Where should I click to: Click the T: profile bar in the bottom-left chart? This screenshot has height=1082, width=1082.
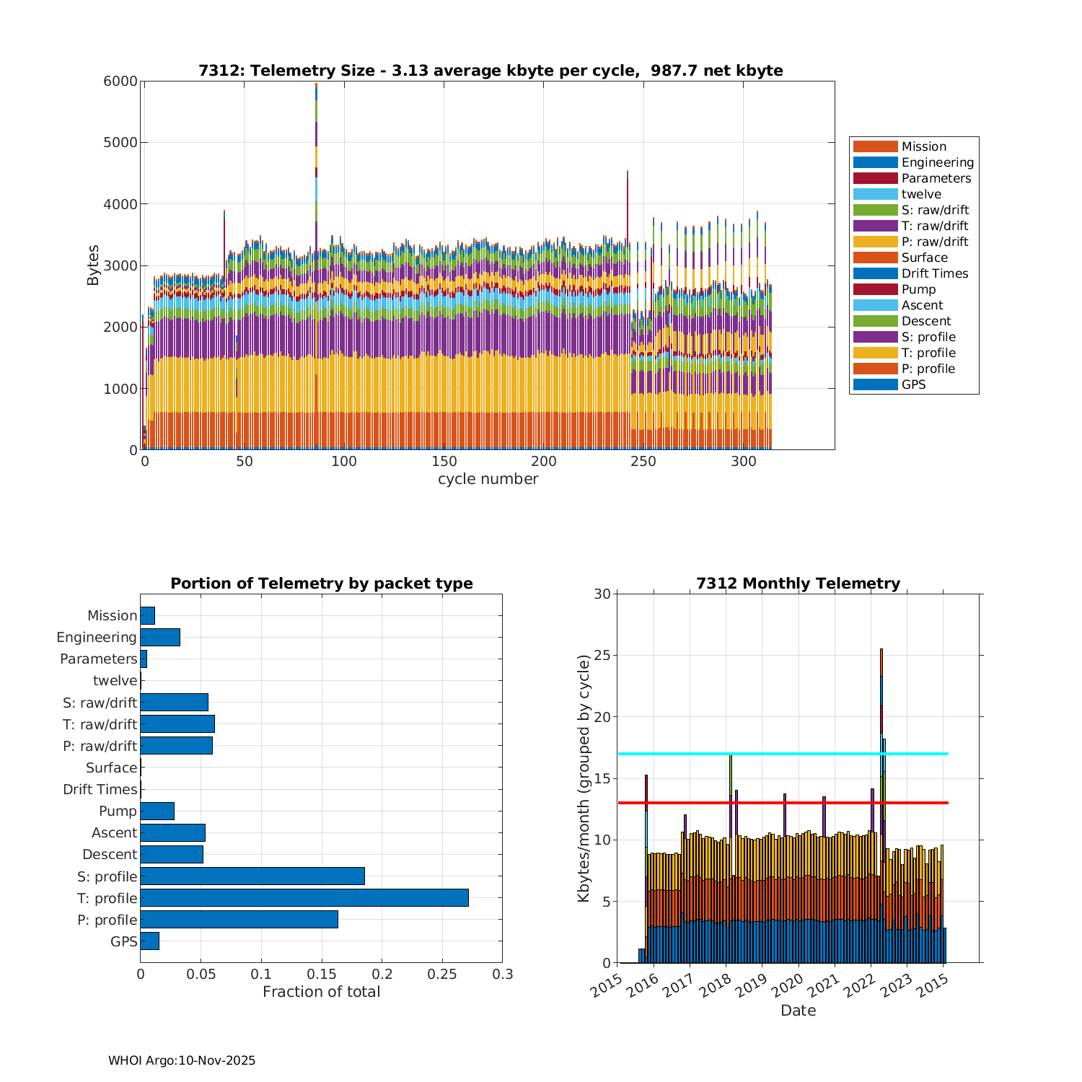tap(304, 898)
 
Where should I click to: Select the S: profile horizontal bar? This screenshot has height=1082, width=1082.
tap(252, 876)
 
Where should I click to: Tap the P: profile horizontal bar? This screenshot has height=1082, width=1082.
tap(239, 920)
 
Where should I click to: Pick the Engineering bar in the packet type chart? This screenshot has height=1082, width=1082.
tap(160, 637)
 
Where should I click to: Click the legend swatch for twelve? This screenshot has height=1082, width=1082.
tap(875, 194)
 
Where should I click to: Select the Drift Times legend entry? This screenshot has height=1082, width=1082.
tap(934, 273)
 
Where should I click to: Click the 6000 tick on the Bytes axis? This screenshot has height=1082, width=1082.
tap(120, 82)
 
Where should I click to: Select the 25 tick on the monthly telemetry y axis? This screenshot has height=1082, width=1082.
tap(602, 656)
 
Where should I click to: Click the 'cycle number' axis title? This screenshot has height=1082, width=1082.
tap(488, 479)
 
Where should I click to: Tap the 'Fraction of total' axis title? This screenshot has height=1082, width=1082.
tap(321, 992)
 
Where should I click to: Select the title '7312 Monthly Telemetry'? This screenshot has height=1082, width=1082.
tap(798, 584)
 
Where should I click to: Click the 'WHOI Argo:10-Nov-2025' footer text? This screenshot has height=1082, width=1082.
tap(182, 1060)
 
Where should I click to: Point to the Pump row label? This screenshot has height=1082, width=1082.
tap(118, 811)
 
